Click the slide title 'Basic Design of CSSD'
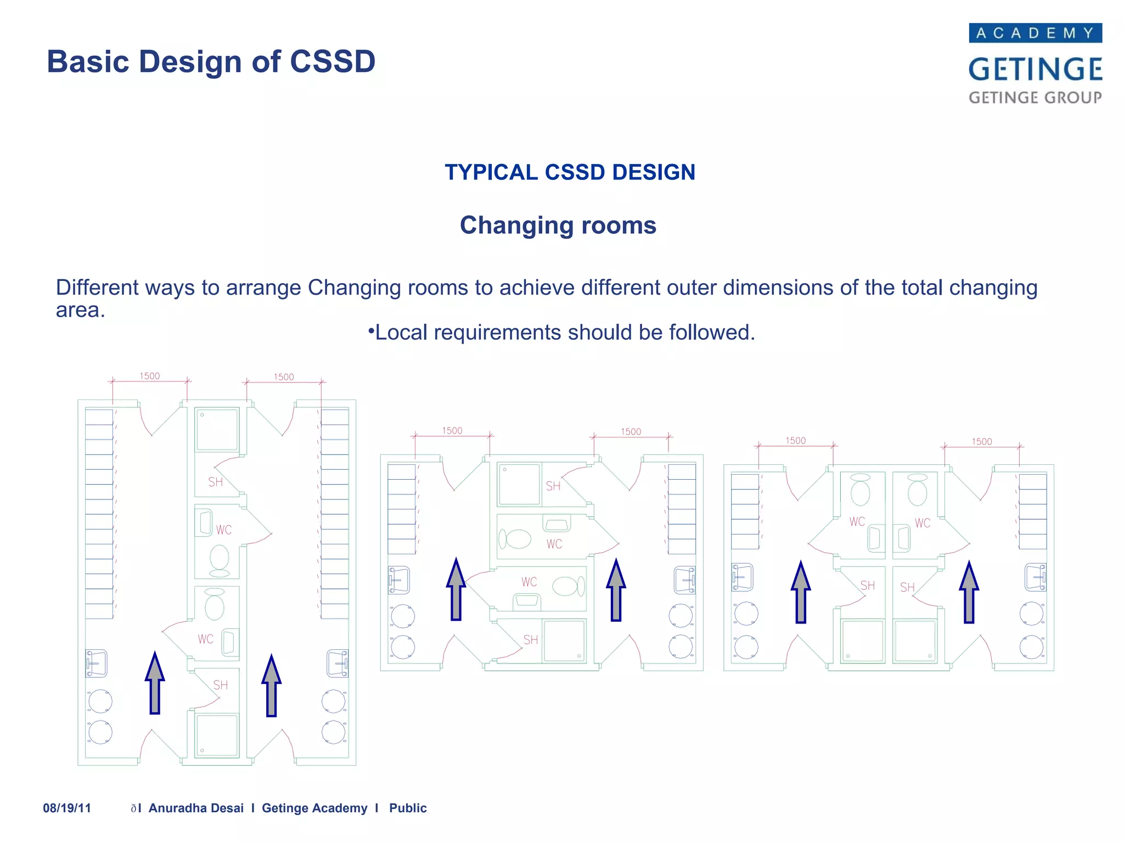click(x=211, y=61)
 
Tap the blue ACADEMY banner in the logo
click(x=1035, y=33)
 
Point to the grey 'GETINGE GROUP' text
click(x=1035, y=98)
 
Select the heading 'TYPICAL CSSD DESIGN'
click(x=570, y=172)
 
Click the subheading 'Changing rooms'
click(x=558, y=226)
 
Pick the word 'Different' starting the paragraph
click(x=96, y=288)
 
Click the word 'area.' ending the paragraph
click(x=80, y=311)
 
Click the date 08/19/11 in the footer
click(x=67, y=808)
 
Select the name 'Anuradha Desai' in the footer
click(x=196, y=808)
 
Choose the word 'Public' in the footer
click(x=408, y=808)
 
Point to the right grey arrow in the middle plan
click(x=616, y=590)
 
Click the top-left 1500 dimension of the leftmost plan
click(x=149, y=376)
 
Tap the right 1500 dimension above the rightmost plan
click(x=981, y=441)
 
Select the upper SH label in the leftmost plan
click(x=215, y=482)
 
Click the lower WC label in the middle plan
click(x=529, y=582)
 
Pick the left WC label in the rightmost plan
click(x=857, y=522)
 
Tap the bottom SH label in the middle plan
click(x=530, y=640)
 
